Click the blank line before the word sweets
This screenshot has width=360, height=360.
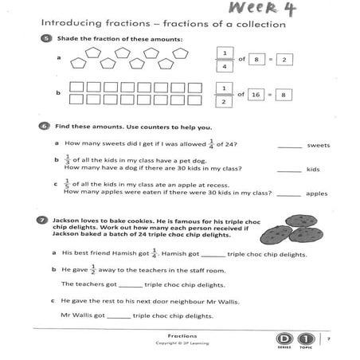coord(290,146)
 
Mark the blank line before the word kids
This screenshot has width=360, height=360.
coord(290,169)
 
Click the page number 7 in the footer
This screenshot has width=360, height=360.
coord(327,339)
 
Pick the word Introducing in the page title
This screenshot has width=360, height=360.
coord(66,23)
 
